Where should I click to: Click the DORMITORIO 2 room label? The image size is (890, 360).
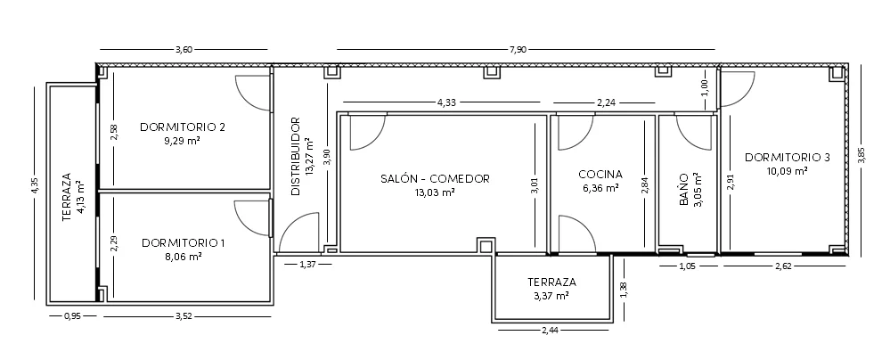point(183,127)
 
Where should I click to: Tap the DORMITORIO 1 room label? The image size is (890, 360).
point(184,243)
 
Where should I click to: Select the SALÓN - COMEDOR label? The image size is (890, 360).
point(435,179)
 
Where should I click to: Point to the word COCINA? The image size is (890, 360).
point(600,175)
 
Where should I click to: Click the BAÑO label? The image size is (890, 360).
point(684,190)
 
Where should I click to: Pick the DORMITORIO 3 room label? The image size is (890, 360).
point(788,158)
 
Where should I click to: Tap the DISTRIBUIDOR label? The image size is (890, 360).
point(295,157)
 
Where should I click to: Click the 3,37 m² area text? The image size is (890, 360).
point(551,296)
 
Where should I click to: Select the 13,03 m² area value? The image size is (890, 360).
point(435,192)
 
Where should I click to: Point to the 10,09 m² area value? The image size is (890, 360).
point(788,171)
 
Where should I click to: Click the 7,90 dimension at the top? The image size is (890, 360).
point(518,50)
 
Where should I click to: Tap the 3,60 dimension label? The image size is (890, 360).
point(184,50)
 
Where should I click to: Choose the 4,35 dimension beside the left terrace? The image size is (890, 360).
point(36,186)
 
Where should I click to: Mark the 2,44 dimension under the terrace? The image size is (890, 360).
point(551,330)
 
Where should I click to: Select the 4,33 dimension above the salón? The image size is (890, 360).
point(446,102)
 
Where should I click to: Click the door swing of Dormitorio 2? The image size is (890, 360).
point(253,92)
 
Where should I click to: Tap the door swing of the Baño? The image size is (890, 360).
point(694,133)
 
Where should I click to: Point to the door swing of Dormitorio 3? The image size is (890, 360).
point(738,90)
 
